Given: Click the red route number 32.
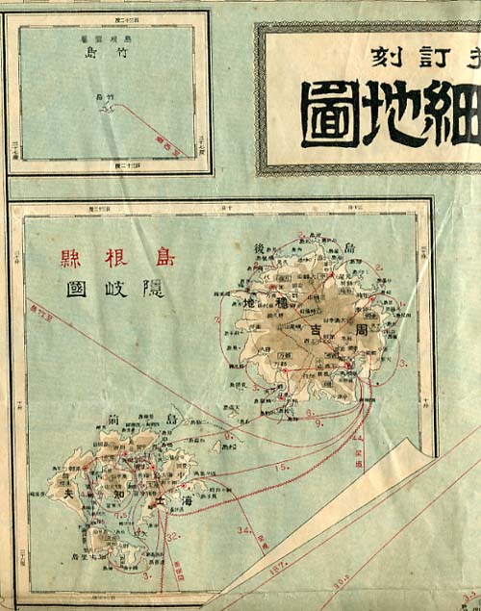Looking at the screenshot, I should [x=173, y=538].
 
